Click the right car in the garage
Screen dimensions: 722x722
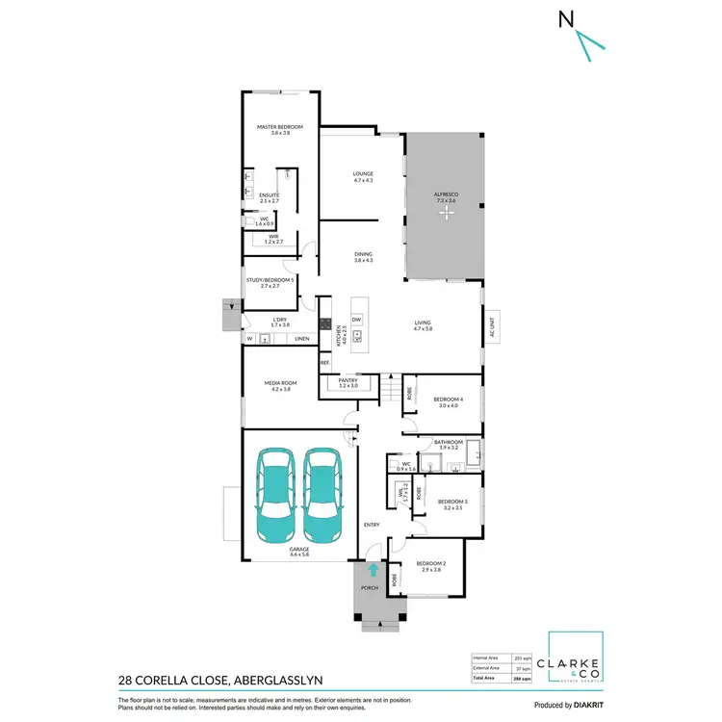(x=323, y=496)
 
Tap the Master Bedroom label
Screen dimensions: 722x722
(x=279, y=127)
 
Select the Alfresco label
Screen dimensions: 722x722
(x=446, y=194)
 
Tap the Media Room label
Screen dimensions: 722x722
(x=279, y=383)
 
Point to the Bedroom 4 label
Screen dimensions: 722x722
(x=448, y=400)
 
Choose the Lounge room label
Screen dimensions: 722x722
(x=362, y=174)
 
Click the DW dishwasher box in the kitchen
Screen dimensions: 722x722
(x=356, y=319)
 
